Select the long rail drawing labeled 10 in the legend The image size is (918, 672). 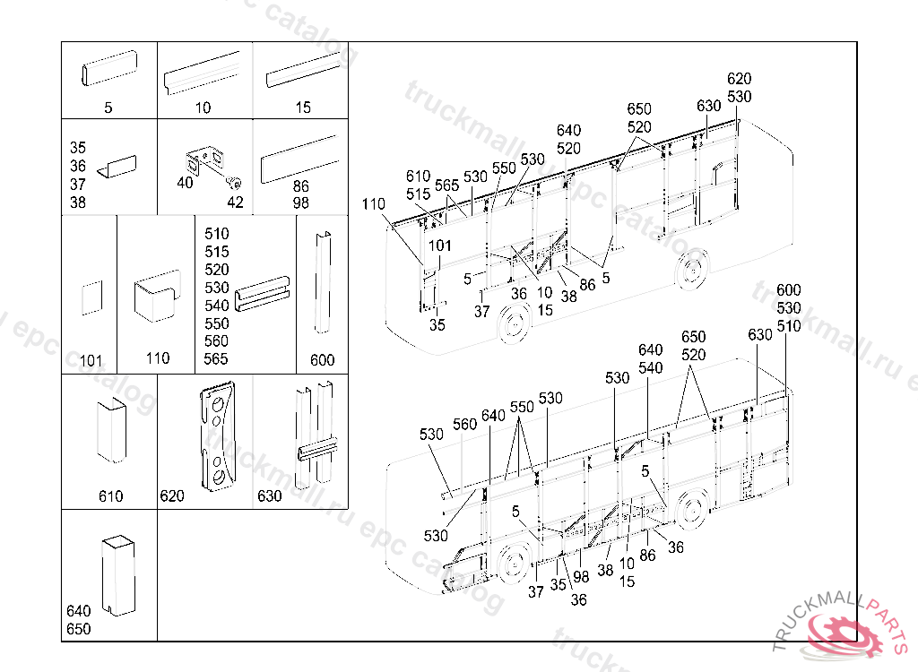pos(204,73)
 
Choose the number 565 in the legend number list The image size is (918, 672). pos(216,359)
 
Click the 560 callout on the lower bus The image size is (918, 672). pos(464,425)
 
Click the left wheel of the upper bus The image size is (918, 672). pos(512,323)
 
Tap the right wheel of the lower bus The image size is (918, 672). pos(689,510)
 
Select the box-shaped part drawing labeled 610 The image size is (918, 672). pos(111,430)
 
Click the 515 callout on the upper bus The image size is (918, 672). pos(418,194)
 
